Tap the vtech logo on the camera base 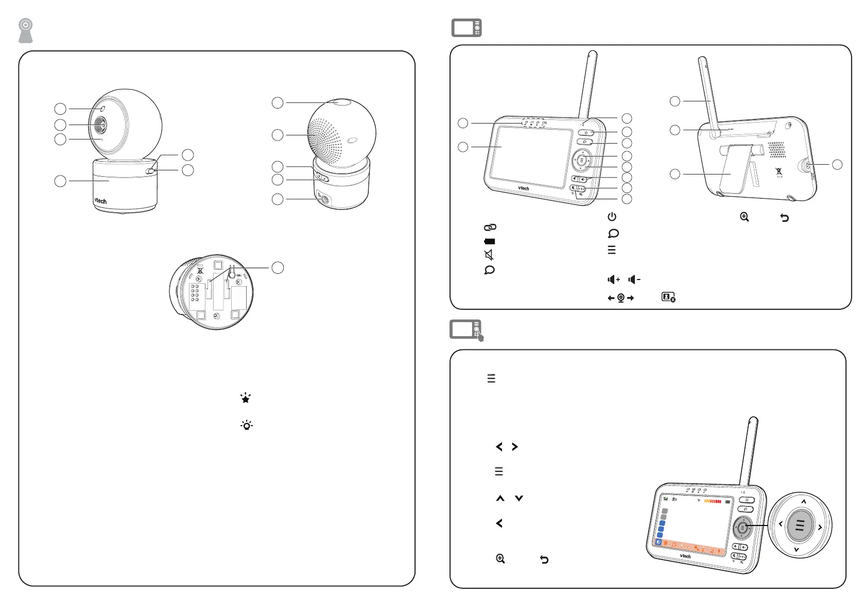[x=100, y=201]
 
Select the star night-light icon [x=246, y=398]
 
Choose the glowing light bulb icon [x=247, y=425]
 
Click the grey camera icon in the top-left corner [x=26, y=31]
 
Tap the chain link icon [x=490, y=227]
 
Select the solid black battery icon [x=489, y=241]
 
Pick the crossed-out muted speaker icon [x=489, y=255]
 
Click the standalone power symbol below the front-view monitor [x=612, y=217]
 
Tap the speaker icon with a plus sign [x=614, y=279]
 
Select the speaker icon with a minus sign [x=634, y=279]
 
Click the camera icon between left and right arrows [x=621, y=298]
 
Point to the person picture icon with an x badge [x=668, y=297]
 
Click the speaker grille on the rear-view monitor [x=776, y=150]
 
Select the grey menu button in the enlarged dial [x=800, y=525]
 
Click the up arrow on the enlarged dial [x=804, y=501]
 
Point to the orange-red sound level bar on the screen [x=713, y=501]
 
